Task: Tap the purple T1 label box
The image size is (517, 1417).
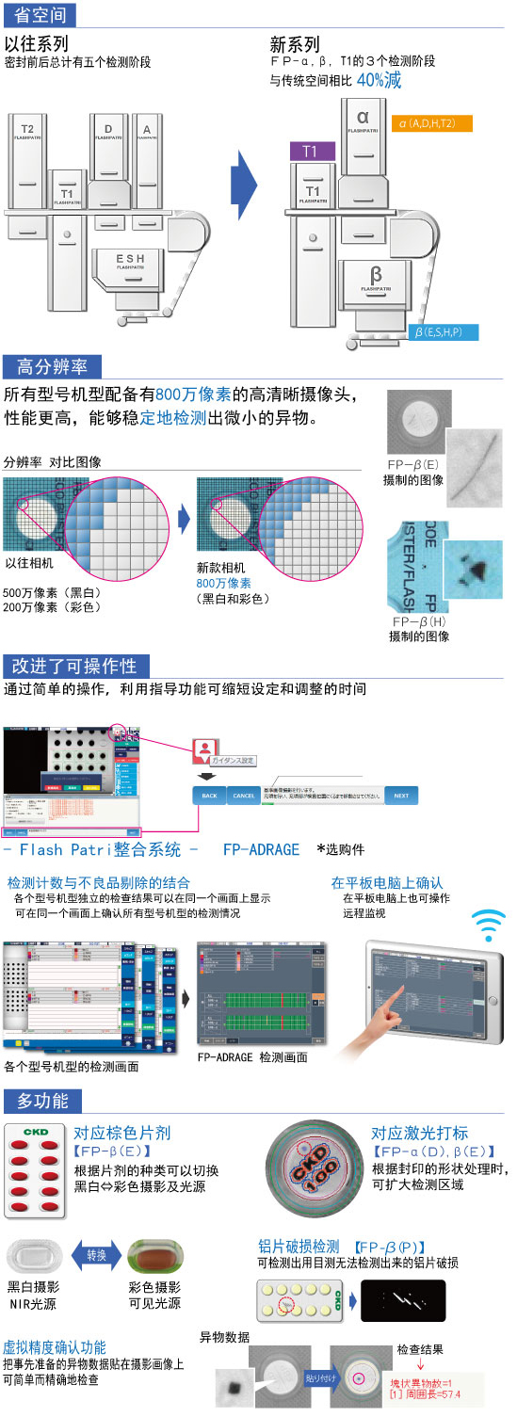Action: pyautogui.click(x=309, y=151)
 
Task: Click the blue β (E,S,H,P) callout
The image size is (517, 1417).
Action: pyautogui.click(x=444, y=331)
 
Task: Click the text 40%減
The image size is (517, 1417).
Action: pyautogui.click(x=379, y=80)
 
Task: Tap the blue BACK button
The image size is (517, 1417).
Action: pyautogui.click(x=209, y=796)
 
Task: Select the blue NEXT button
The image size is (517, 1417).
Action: pyautogui.click(x=401, y=796)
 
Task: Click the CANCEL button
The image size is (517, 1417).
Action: pyautogui.click(x=244, y=796)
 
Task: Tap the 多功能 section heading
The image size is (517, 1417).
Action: pyautogui.click(x=42, y=1101)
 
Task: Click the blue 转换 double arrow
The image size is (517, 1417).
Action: pyautogui.click(x=96, y=1255)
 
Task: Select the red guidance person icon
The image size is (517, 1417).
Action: pyautogui.click(x=205, y=750)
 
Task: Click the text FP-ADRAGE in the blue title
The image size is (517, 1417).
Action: pyautogui.click(x=261, y=849)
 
